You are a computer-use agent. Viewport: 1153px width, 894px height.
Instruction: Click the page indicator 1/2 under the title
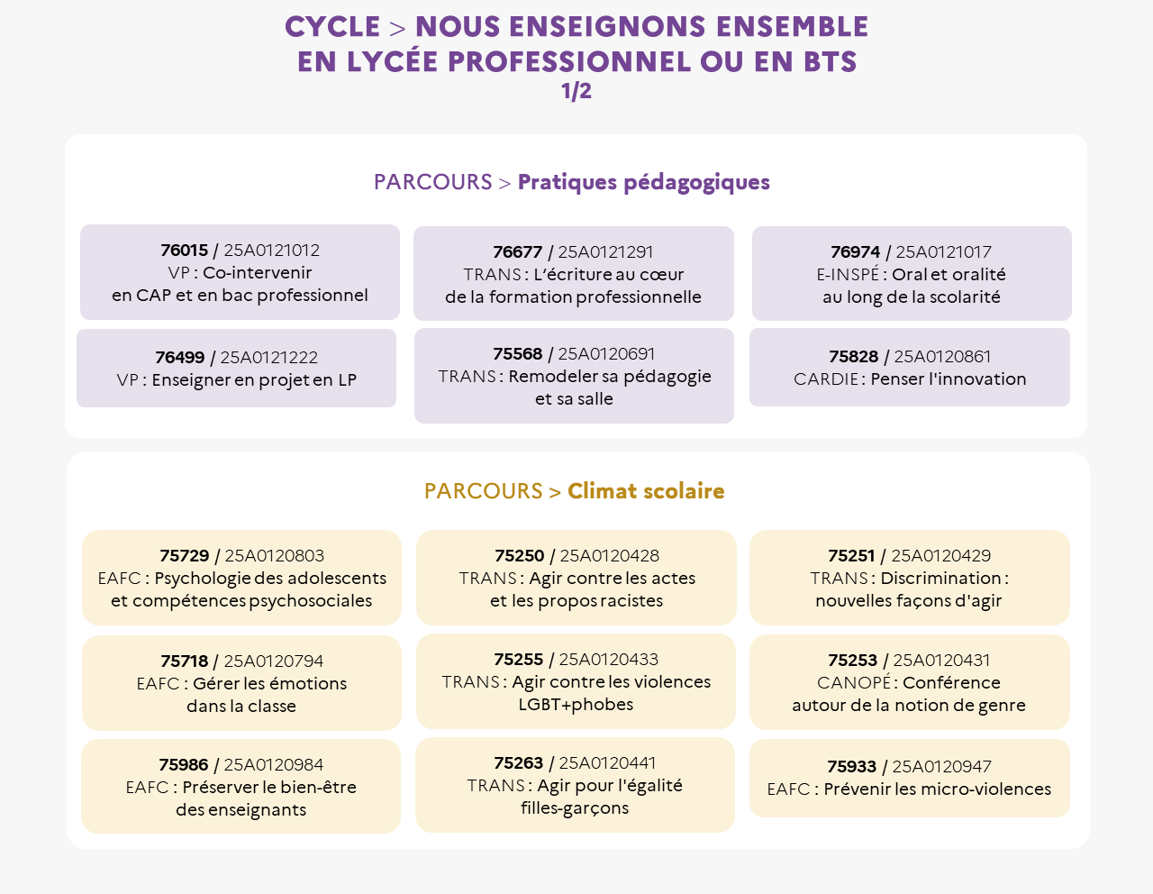(576, 91)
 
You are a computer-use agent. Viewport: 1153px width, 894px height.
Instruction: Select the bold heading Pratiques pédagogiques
(644, 183)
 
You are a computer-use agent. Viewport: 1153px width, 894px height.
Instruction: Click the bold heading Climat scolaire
(646, 491)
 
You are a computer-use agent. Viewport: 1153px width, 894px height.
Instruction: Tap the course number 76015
(184, 250)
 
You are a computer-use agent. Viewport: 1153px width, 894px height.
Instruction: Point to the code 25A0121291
(605, 251)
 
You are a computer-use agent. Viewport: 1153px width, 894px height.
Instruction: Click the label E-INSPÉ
(848, 274)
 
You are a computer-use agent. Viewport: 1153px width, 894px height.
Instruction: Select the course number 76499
(179, 357)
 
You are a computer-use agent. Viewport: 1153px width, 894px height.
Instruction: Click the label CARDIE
(826, 379)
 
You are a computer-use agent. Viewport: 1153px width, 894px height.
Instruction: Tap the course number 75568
(517, 353)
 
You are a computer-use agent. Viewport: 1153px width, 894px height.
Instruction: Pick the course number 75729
(184, 555)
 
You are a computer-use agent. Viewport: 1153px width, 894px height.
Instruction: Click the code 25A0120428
(609, 555)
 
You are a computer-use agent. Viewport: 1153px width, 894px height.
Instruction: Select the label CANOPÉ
(854, 682)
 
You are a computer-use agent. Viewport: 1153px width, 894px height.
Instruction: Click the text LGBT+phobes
(576, 705)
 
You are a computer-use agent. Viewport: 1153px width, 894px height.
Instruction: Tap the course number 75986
(183, 764)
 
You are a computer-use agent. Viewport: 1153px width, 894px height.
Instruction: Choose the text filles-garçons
(575, 808)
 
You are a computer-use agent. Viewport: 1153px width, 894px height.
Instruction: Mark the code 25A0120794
(273, 661)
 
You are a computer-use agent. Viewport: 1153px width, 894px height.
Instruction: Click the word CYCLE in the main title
(332, 27)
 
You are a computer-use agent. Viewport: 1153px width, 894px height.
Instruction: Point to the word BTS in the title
(831, 61)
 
